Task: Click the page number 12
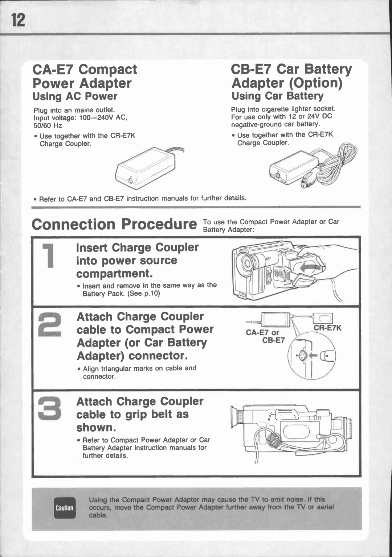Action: tap(18, 20)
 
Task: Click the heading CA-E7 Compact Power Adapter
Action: tap(85, 76)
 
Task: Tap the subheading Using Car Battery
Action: tap(277, 96)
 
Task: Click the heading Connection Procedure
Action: tap(114, 224)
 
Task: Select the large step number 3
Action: tap(50, 409)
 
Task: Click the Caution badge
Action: tap(64, 508)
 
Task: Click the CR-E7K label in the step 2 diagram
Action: tap(327, 328)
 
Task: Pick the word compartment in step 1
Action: tap(113, 273)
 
